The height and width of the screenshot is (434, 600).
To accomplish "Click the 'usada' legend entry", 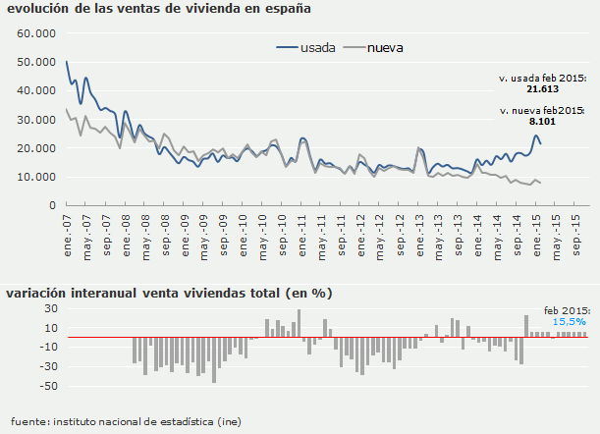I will pos(319,47).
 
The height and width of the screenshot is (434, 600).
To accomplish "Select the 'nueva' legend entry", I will pos(386,47).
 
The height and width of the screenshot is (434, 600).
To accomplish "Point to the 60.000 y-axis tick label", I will pos(38,33).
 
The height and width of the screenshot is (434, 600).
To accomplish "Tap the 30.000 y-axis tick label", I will pos(38,120).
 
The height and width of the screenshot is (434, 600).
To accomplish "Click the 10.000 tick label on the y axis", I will pos(38,178).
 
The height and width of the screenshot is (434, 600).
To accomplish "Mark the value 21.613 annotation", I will pos(542,88).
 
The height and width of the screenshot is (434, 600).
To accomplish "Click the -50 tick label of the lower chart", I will pos(47,365).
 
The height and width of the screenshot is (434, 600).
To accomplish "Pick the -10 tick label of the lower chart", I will pos(47,347).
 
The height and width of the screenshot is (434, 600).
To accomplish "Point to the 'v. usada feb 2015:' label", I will pos(542,77).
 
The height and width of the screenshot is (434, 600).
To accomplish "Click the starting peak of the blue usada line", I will pos(66,62).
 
